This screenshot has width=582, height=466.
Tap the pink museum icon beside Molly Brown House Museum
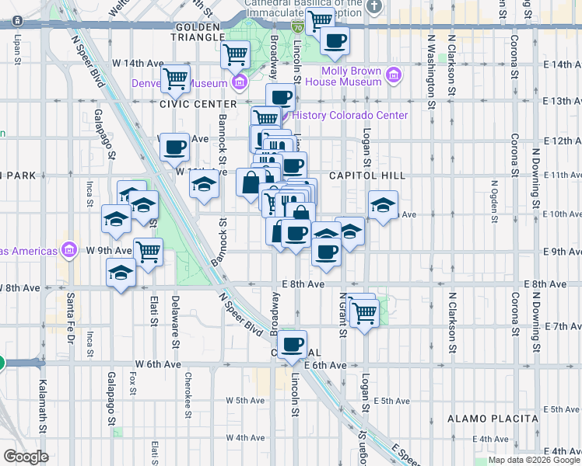point(394,75)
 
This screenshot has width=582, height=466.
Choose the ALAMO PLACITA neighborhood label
point(492,419)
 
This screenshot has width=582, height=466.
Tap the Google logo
point(26,457)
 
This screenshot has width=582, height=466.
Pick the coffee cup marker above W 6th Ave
point(293,344)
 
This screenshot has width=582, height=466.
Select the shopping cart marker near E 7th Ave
point(363,311)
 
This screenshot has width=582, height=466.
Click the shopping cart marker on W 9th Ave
point(148,251)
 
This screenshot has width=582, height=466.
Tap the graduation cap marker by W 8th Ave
point(121,273)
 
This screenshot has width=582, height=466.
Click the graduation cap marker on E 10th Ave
point(383,205)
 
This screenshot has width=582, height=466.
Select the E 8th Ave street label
point(304,285)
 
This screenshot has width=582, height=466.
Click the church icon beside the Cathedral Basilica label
point(375,8)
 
